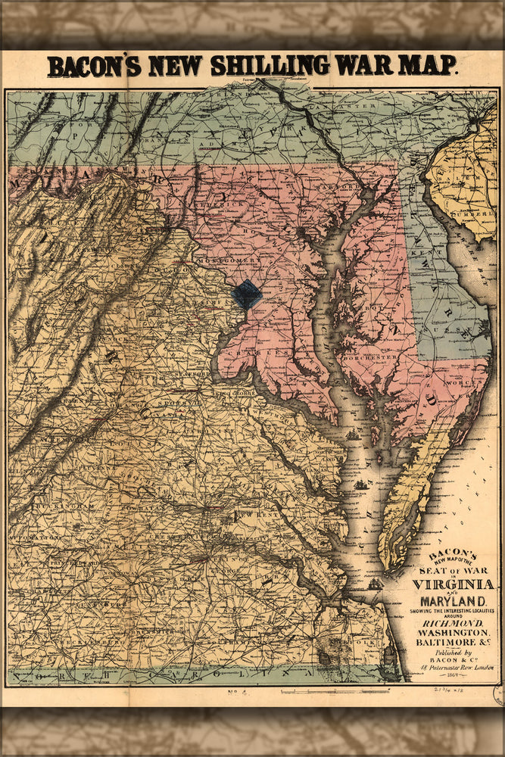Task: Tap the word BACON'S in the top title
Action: tap(94, 67)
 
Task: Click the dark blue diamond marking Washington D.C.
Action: tap(246, 294)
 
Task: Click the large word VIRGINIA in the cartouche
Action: tap(453, 584)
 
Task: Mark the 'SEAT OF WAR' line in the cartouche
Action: tap(453, 569)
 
